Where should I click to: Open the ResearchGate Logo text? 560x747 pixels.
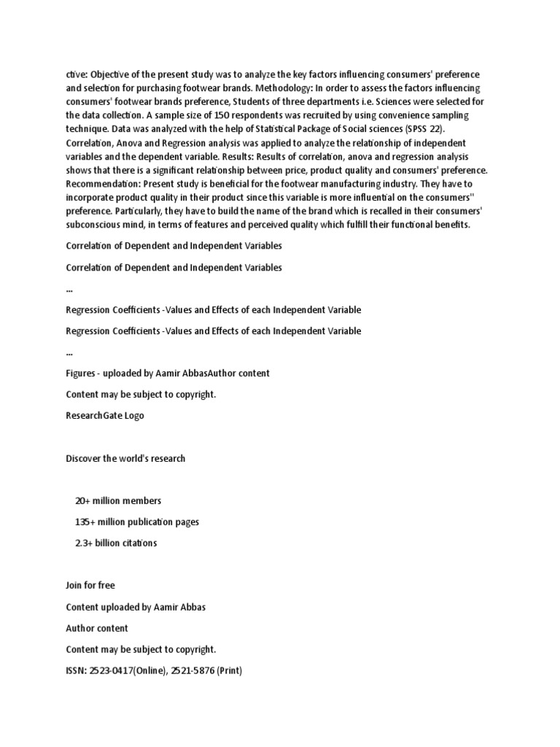click(105, 415)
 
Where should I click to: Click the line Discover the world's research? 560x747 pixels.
click(125, 458)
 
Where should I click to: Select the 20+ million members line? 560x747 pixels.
click(118, 500)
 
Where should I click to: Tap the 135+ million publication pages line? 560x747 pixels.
click(137, 522)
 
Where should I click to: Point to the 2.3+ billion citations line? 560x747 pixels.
click(116, 543)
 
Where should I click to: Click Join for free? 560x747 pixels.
click(90, 585)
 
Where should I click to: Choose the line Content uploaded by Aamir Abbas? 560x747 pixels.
click(136, 607)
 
